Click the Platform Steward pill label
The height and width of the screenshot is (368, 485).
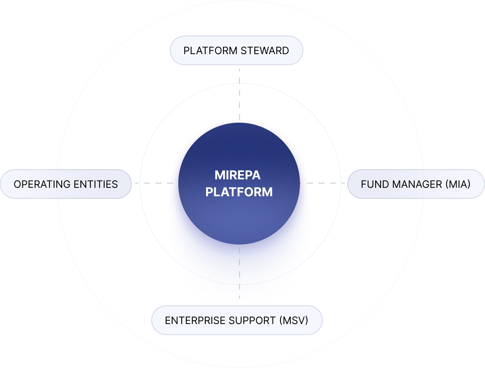236,51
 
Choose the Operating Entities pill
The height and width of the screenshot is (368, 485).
65,184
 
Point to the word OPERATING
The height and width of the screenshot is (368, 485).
41,184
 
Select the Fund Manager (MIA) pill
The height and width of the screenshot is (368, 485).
416,184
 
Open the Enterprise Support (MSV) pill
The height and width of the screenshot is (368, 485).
237,320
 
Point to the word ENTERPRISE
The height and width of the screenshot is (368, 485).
194,320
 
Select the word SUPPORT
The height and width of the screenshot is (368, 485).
252,320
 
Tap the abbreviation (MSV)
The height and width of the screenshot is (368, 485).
294,320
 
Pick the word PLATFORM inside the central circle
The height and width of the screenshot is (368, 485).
239,192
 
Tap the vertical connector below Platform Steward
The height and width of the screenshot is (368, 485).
240,93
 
